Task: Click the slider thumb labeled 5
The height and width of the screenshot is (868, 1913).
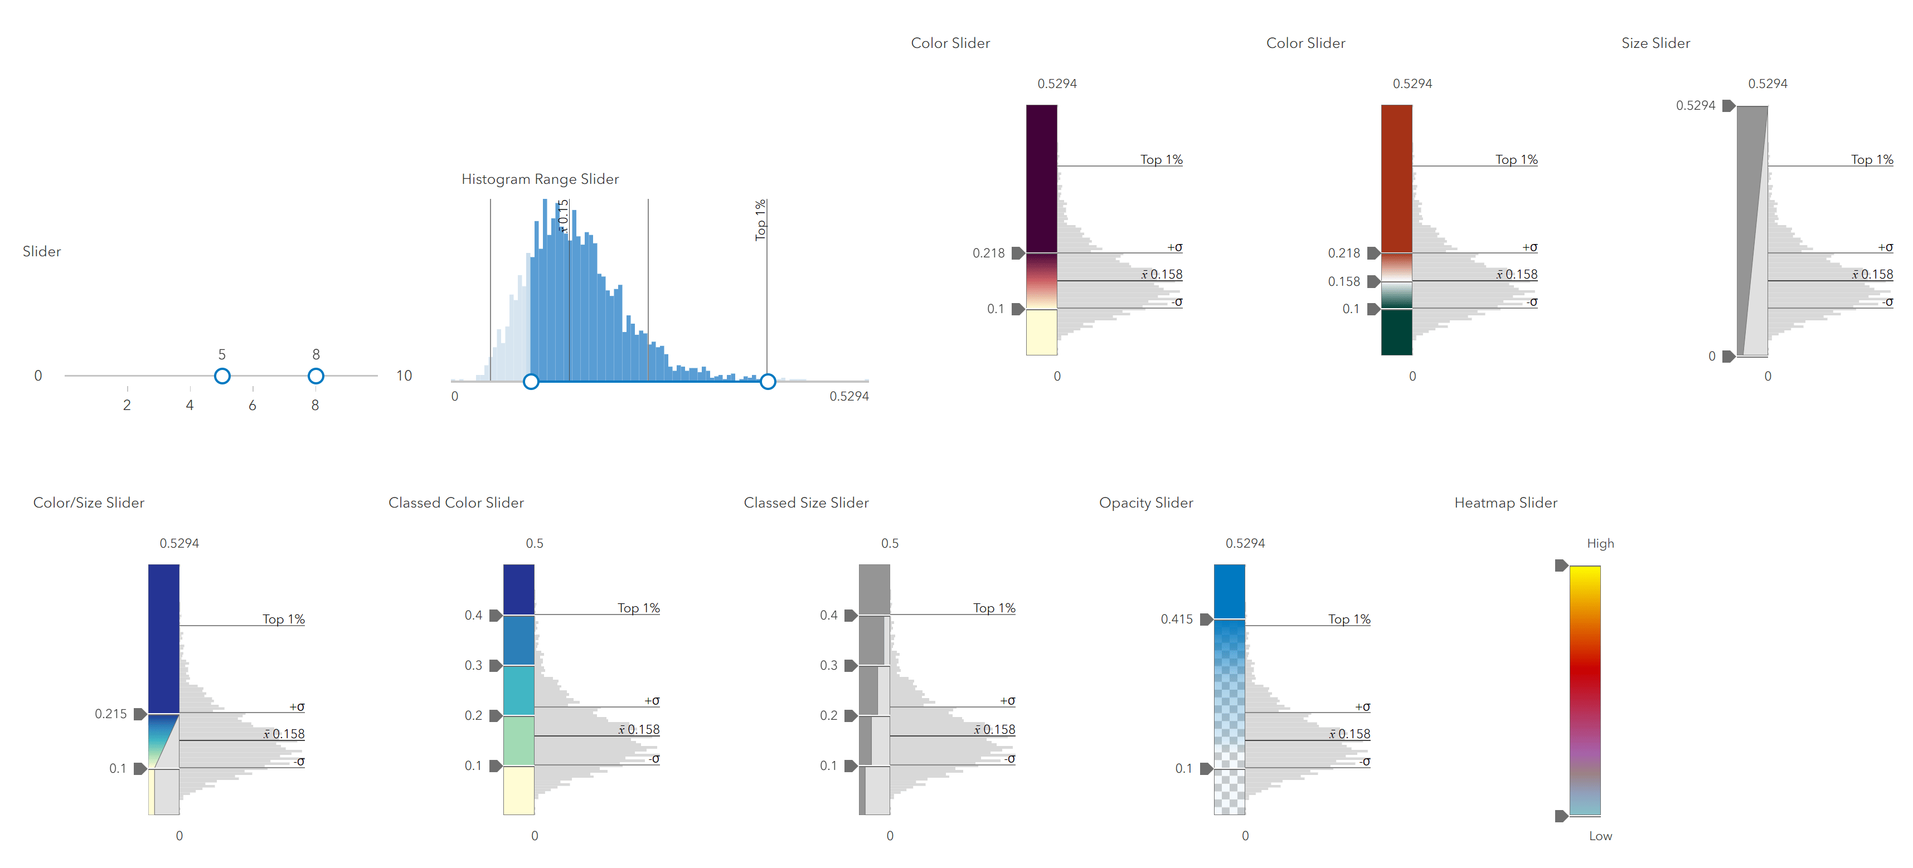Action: click(222, 376)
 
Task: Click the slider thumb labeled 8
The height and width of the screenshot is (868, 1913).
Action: click(315, 376)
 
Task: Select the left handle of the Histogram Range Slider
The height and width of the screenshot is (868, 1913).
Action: click(531, 382)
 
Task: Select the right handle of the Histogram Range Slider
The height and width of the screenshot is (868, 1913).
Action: click(768, 382)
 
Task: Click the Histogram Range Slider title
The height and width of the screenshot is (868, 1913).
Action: click(540, 179)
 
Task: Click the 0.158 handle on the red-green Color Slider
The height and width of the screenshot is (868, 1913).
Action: click(1373, 281)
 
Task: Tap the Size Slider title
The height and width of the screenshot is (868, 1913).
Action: click(1655, 43)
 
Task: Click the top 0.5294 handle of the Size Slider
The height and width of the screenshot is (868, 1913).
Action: click(1728, 105)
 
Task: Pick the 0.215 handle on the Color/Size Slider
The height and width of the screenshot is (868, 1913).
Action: click(139, 714)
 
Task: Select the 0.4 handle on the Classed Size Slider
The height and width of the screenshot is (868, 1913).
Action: click(850, 615)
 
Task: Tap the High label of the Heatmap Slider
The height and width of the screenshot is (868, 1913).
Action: click(1600, 544)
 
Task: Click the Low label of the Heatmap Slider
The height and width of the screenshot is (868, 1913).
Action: click(1600, 836)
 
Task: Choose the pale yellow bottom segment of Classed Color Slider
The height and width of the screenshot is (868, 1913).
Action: click(519, 791)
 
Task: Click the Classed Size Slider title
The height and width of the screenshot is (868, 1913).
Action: click(806, 503)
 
